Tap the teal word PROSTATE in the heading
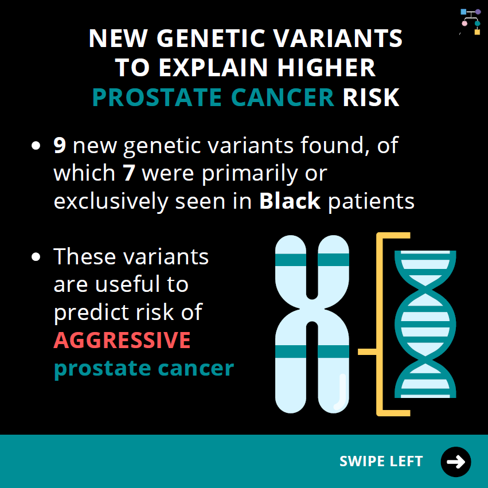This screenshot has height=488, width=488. click(157, 97)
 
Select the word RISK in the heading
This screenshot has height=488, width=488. click(370, 97)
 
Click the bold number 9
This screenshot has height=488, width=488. click(60, 145)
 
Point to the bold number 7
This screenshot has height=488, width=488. click(129, 173)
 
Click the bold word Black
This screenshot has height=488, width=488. click(290, 201)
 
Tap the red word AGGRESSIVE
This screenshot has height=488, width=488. click(122, 340)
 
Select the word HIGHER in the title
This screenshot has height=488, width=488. click(326, 68)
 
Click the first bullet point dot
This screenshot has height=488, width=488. click(36, 146)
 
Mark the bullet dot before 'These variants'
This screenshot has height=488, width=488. click(36, 257)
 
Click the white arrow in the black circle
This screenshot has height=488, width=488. click(456, 462)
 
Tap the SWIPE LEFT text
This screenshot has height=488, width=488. click(381, 461)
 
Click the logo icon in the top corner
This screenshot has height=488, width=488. click(470, 22)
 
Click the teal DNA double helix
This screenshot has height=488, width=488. click(425, 324)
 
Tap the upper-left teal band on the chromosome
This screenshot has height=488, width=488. click(291, 260)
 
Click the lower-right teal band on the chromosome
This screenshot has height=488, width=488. click(333, 352)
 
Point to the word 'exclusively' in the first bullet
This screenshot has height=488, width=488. click(111, 201)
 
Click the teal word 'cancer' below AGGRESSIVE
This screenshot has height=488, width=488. click(196, 368)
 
